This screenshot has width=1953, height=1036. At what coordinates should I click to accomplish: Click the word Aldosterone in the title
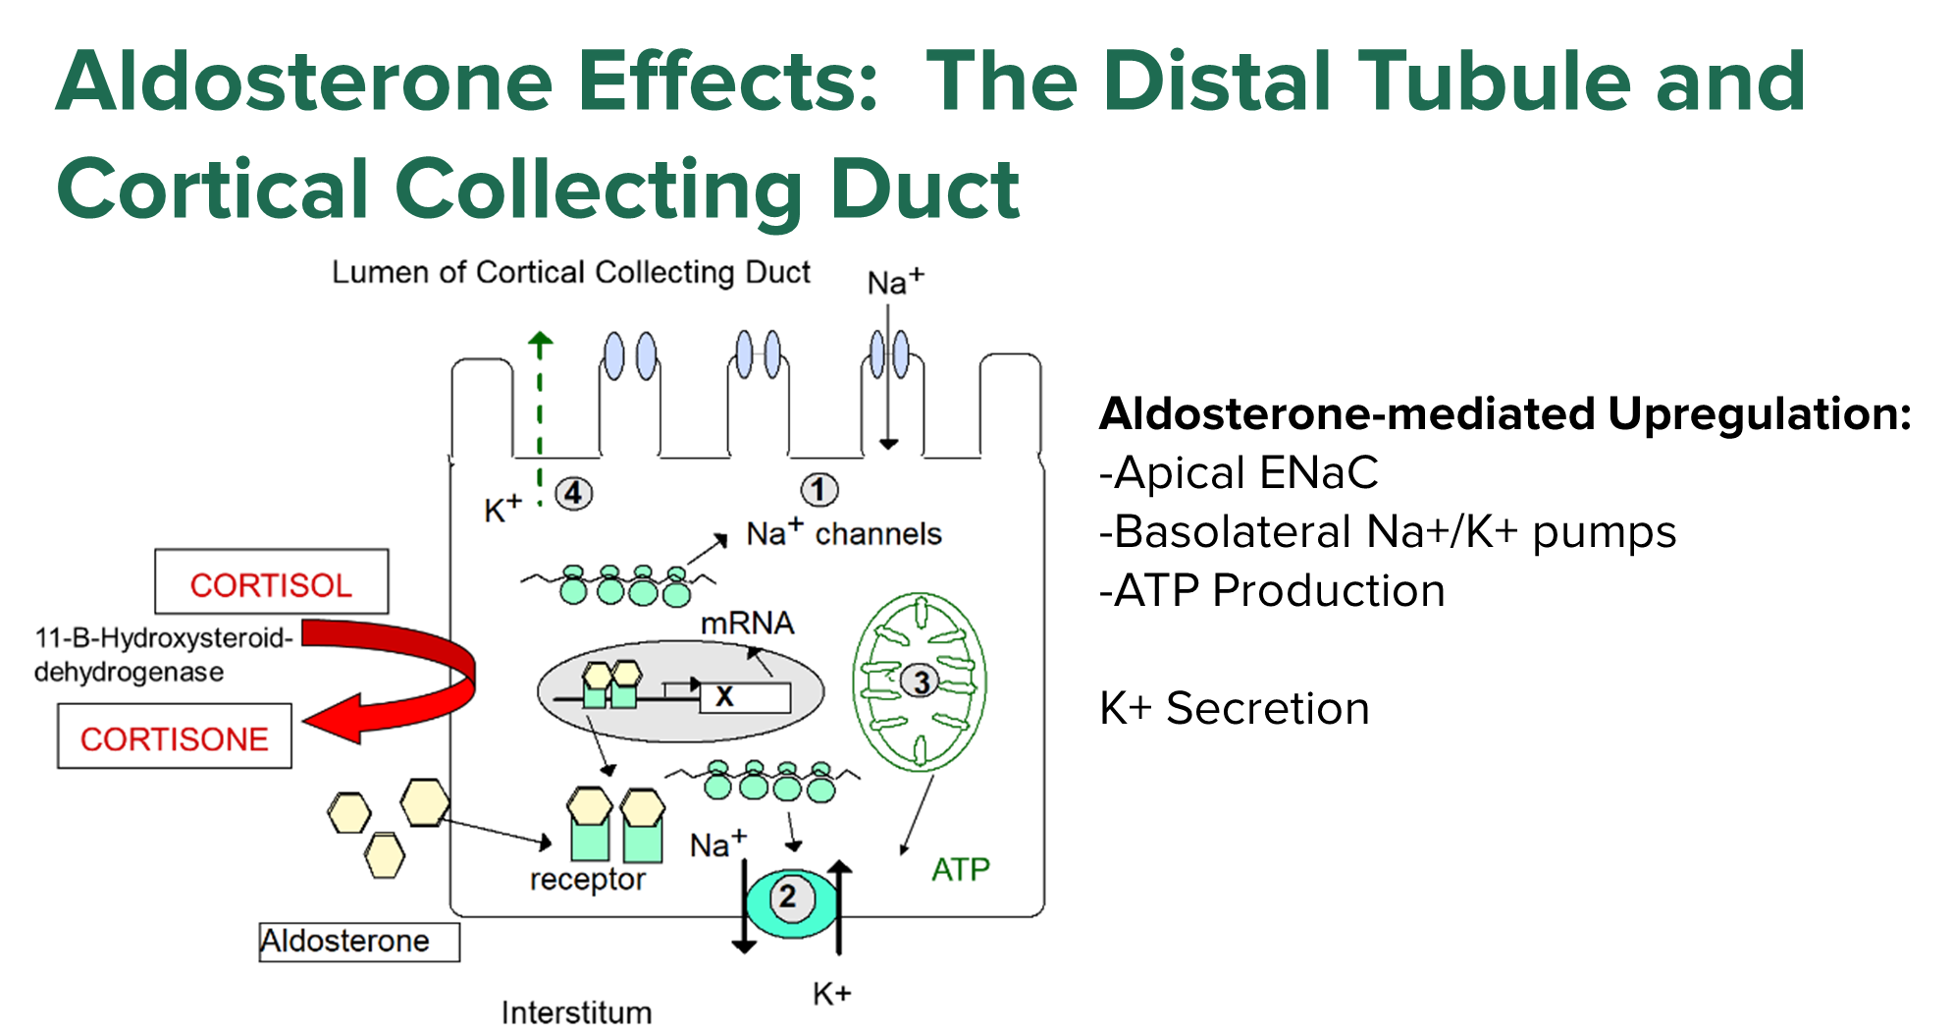(305, 82)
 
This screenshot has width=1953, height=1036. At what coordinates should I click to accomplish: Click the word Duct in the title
(924, 189)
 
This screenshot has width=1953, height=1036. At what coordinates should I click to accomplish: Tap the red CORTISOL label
(271, 585)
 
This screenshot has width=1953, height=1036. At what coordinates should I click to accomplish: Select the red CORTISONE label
(175, 739)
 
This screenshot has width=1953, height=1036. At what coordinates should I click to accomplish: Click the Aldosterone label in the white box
(345, 941)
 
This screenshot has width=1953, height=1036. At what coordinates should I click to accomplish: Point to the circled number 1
(819, 489)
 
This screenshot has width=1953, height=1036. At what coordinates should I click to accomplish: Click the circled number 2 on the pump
(787, 897)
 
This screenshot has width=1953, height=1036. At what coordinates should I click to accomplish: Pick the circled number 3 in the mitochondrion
(921, 682)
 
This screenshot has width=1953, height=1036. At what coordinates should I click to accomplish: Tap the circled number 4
(574, 493)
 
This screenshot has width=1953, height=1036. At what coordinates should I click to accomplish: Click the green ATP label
(960, 869)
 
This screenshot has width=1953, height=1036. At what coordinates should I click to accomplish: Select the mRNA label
(747, 623)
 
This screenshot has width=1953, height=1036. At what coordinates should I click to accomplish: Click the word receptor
(587, 879)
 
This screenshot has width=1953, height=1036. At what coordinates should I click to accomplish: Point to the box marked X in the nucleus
(744, 697)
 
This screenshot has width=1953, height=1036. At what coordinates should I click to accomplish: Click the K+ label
(502, 509)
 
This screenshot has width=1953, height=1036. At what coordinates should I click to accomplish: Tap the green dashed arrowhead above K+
(540, 340)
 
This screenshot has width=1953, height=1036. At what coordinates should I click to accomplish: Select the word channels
(878, 534)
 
